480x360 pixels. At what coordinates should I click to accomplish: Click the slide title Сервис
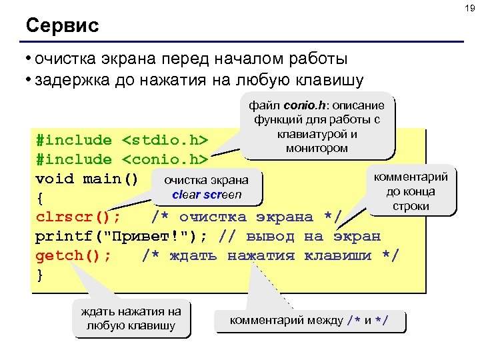62,26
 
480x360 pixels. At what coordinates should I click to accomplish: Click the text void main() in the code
87,179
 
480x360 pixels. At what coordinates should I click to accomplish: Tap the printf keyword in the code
63,237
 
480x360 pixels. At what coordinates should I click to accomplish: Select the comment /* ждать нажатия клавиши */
270,256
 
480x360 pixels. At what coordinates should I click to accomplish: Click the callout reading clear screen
207,187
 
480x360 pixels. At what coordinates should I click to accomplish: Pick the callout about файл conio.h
317,127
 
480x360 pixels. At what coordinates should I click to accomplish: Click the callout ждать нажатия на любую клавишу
131,318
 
